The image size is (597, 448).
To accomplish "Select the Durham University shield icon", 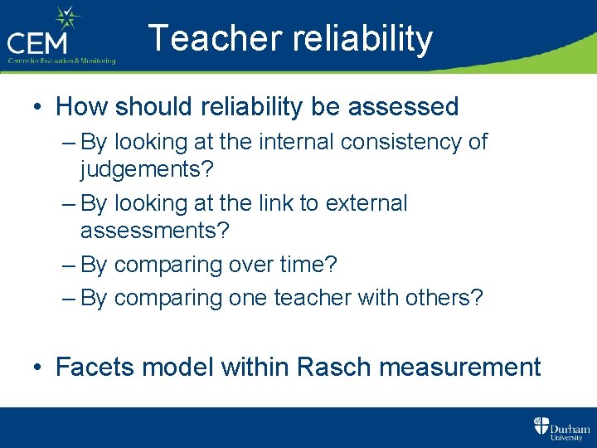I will tap(541, 427).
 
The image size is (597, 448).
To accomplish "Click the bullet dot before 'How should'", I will tap(38, 107).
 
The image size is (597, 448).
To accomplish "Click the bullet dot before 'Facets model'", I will tap(38, 368).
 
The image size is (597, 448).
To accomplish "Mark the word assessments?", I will tap(154, 231).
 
